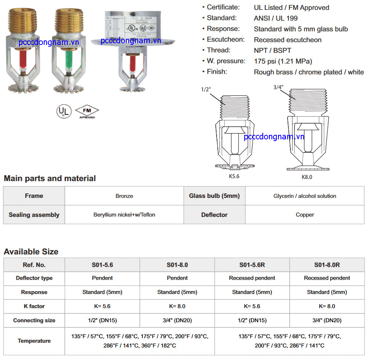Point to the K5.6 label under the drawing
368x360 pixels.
pyautogui.click(x=234, y=176)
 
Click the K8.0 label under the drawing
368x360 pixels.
pyautogui.click(x=307, y=176)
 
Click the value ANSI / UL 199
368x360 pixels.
pyautogui.click(x=276, y=18)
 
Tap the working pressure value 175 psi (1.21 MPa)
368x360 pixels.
pyautogui.click(x=283, y=61)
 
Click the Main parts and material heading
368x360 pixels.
pyautogui.click(x=50, y=179)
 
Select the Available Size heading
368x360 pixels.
pyautogui.click(x=31, y=252)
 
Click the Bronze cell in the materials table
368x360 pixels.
pyautogui.click(x=124, y=196)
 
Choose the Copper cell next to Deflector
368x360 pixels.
pyautogui.click(x=305, y=214)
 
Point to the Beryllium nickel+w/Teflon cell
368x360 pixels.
pyautogui.click(x=124, y=214)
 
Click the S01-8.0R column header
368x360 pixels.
pyautogui.click(x=327, y=265)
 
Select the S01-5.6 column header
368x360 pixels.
pyautogui.click(x=102, y=265)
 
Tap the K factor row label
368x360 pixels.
pyautogui.click(x=34, y=306)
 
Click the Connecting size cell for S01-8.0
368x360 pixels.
pyautogui.click(x=177, y=320)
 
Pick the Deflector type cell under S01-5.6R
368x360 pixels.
pyautogui.click(x=252, y=278)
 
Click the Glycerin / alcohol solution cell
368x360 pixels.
pyautogui.click(x=305, y=196)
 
